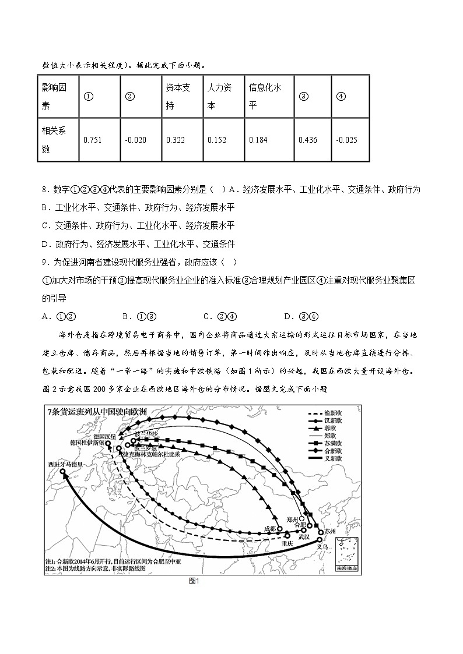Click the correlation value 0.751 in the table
click(93, 140)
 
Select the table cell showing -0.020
click(135, 140)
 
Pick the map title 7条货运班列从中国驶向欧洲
click(97, 413)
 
